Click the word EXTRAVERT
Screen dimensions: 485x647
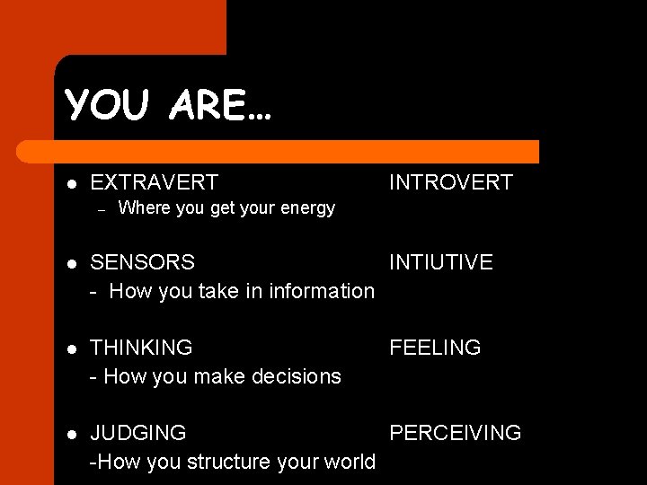[154, 182]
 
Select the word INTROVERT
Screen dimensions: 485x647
[450, 182]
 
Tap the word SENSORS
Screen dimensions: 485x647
[142, 262]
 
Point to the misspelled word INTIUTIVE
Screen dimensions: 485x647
[440, 262]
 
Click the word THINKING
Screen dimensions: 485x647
[141, 348]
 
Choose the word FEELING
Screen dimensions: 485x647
[435, 348]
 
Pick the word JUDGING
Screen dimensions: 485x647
[138, 433]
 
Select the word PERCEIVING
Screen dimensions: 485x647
[455, 433]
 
